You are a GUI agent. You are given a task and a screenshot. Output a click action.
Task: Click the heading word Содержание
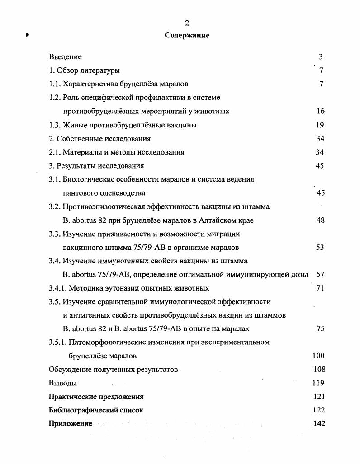187,35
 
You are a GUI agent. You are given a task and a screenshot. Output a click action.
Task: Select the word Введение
65,57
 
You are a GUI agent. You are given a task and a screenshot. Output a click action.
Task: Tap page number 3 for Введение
321,57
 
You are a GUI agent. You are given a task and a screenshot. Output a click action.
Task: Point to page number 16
321,111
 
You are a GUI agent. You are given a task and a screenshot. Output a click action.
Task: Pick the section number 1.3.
55,125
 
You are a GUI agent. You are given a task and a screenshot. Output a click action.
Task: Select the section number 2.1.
55,152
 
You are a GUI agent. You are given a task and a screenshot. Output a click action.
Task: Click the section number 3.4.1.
57,288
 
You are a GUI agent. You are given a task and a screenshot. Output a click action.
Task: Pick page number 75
321,329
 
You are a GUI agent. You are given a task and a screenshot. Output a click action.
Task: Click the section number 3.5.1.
57,342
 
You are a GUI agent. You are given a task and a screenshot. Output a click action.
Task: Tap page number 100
318,356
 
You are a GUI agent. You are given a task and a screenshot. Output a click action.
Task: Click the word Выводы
62,383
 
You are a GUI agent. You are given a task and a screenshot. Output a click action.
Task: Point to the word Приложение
70,424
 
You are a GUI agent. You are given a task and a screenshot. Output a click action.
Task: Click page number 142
318,424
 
